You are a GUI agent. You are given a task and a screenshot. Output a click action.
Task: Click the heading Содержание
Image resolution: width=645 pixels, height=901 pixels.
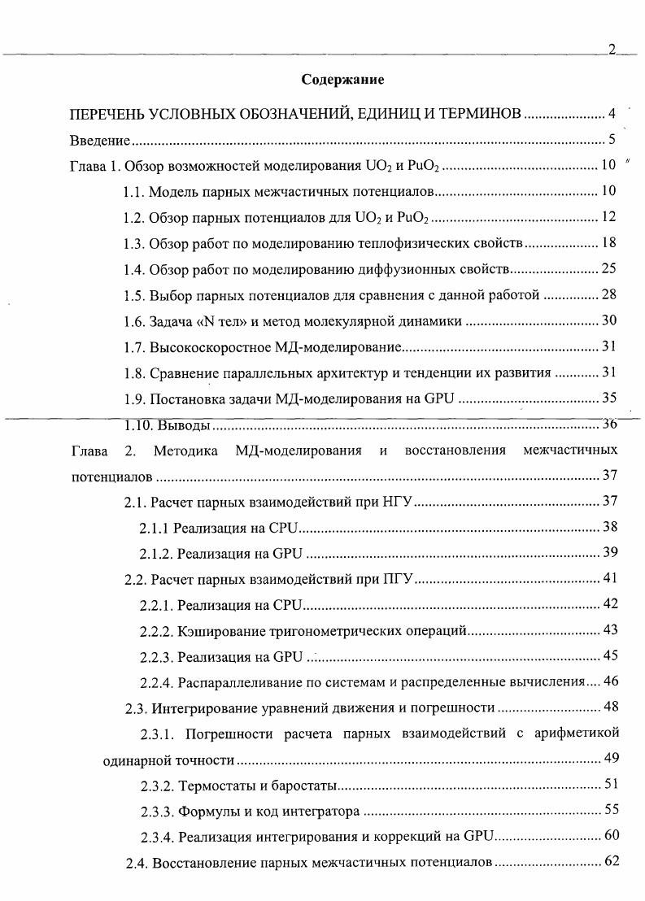pyautogui.click(x=342, y=80)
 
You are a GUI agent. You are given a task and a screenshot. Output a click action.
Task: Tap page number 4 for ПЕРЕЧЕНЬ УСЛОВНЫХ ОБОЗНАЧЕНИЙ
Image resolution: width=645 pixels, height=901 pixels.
pyautogui.click(x=612, y=113)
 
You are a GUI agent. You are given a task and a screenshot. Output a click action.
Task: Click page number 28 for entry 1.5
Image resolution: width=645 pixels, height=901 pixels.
pyautogui.click(x=608, y=294)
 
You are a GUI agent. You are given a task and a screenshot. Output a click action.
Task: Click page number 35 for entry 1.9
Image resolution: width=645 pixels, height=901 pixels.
pyautogui.click(x=608, y=398)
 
